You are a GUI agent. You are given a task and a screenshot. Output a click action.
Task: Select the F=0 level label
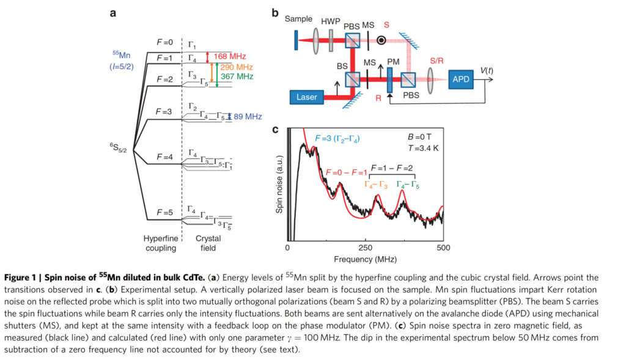tap(165, 42)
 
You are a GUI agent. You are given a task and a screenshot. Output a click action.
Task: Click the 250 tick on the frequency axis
tap(365, 248)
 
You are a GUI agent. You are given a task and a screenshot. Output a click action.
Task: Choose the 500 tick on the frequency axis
tap(443, 248)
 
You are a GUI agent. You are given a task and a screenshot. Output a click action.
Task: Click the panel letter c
tap(276, 130)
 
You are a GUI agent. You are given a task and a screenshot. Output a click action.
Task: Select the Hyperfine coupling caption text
tap(160, 244)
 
